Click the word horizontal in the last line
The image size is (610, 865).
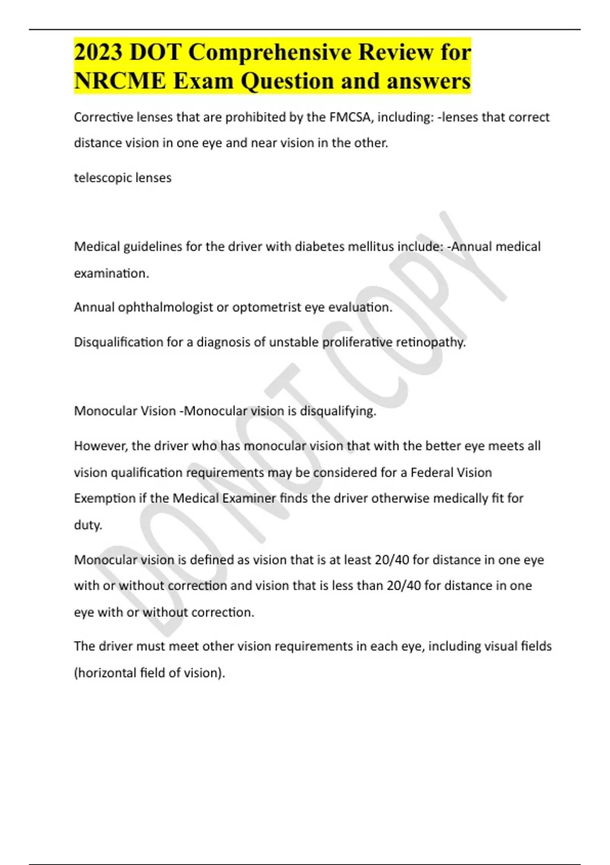coord(107,673)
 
